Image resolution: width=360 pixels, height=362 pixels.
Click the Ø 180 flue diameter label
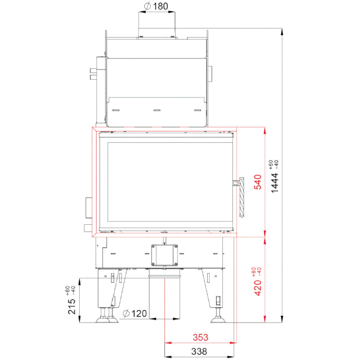tap(156, 6)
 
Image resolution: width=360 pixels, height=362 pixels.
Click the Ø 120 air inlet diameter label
tap(135, 313)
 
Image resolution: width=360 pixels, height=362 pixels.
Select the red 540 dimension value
tap(258, 182)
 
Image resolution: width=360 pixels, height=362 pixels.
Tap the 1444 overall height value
tap(275, 183)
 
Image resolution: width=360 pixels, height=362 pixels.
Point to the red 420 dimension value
tap(258, 288)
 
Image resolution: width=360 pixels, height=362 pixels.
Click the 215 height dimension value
tap(72, 306)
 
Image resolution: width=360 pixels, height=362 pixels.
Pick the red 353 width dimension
tap(200, 337)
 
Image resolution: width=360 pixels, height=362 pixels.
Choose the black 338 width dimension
tap(199, 352)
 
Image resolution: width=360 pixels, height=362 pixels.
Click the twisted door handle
tap(242, 197)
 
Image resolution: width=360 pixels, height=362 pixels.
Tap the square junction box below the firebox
tap(164, 255)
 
